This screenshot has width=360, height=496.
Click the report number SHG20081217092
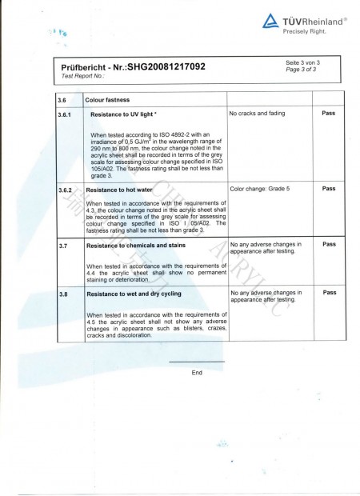[x=166, y=66]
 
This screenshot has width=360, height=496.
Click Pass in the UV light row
[x=328, y=114]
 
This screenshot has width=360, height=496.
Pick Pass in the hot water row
[x=328, y=190]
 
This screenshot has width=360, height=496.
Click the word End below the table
[x=197, y=373]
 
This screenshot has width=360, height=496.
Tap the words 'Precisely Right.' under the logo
[x=305, y=31]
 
